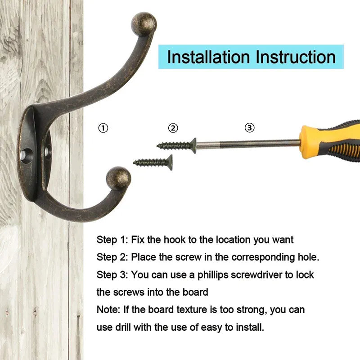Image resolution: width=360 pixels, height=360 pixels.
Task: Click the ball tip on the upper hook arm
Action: click(x=144, y=24)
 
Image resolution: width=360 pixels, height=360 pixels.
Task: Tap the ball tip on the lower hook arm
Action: click(x=118, y=178)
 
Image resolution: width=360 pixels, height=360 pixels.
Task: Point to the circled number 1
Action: click(x=103, y=128)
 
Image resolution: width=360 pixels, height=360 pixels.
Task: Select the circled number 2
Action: click(x=173, y=128)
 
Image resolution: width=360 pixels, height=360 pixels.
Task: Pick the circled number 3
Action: click(x=250, y=128)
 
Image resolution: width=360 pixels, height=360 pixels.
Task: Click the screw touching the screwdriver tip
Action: click(x=176, y=145)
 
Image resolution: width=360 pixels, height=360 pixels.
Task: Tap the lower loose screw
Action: click(x=153, y=162)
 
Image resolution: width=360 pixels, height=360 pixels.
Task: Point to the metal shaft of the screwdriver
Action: click(x=248, y=144)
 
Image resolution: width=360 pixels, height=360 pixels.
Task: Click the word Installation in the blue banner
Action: click(x=208, y=57)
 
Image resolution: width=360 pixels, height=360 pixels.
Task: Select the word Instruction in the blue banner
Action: click(x=296, y=57)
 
